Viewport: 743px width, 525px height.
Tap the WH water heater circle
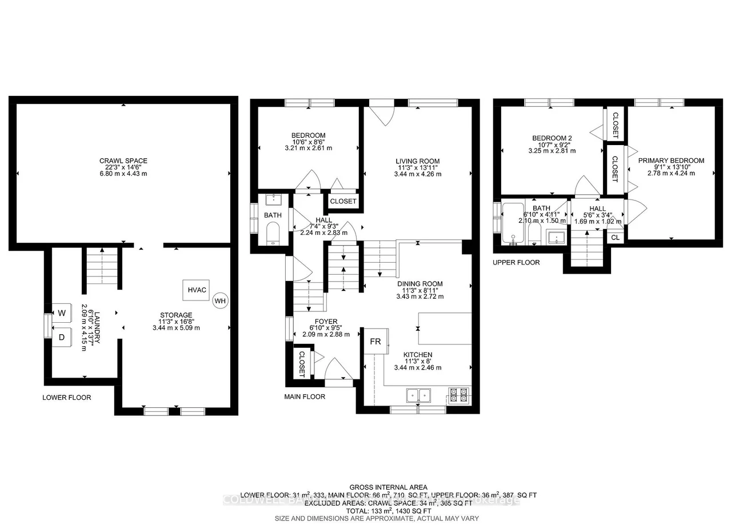(x=220, y=301)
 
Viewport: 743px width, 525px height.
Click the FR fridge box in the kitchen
(x=376, y=342)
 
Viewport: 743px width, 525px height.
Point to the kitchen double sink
(x=419, y=395)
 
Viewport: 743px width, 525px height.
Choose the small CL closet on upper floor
(x=615, y=237)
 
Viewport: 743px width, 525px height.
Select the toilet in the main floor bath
(x=273, y=233)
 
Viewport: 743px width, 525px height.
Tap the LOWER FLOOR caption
(x=66, y=398)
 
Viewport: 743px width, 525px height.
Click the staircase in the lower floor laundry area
(x=102, y=267)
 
